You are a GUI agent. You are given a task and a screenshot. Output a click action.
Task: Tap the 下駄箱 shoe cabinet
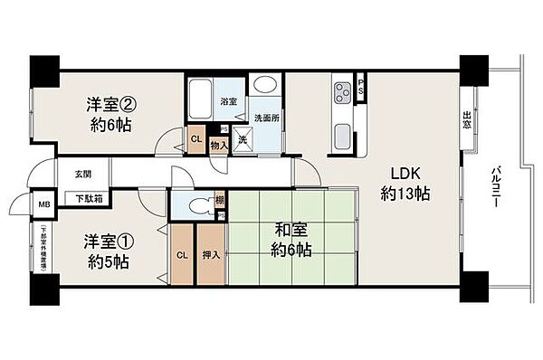coord(88,196)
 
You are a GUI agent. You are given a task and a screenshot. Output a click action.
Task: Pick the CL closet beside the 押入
coord(181,255)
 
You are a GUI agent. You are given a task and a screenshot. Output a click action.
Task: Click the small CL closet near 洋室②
coord(196,138)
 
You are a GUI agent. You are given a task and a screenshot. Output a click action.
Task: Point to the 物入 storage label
coord(218,144)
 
